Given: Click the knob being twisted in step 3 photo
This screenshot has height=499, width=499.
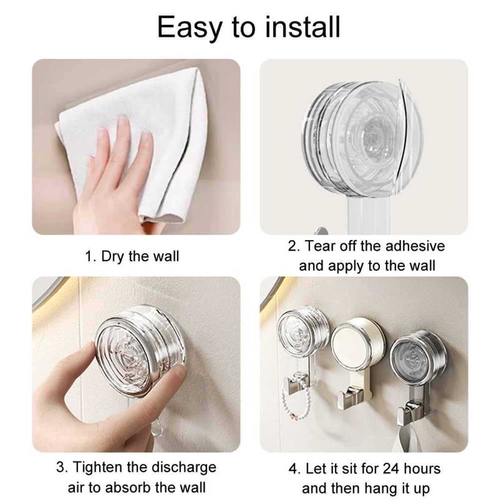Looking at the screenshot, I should (137, 349).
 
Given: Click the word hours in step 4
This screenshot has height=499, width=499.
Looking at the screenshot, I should (423, 469).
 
